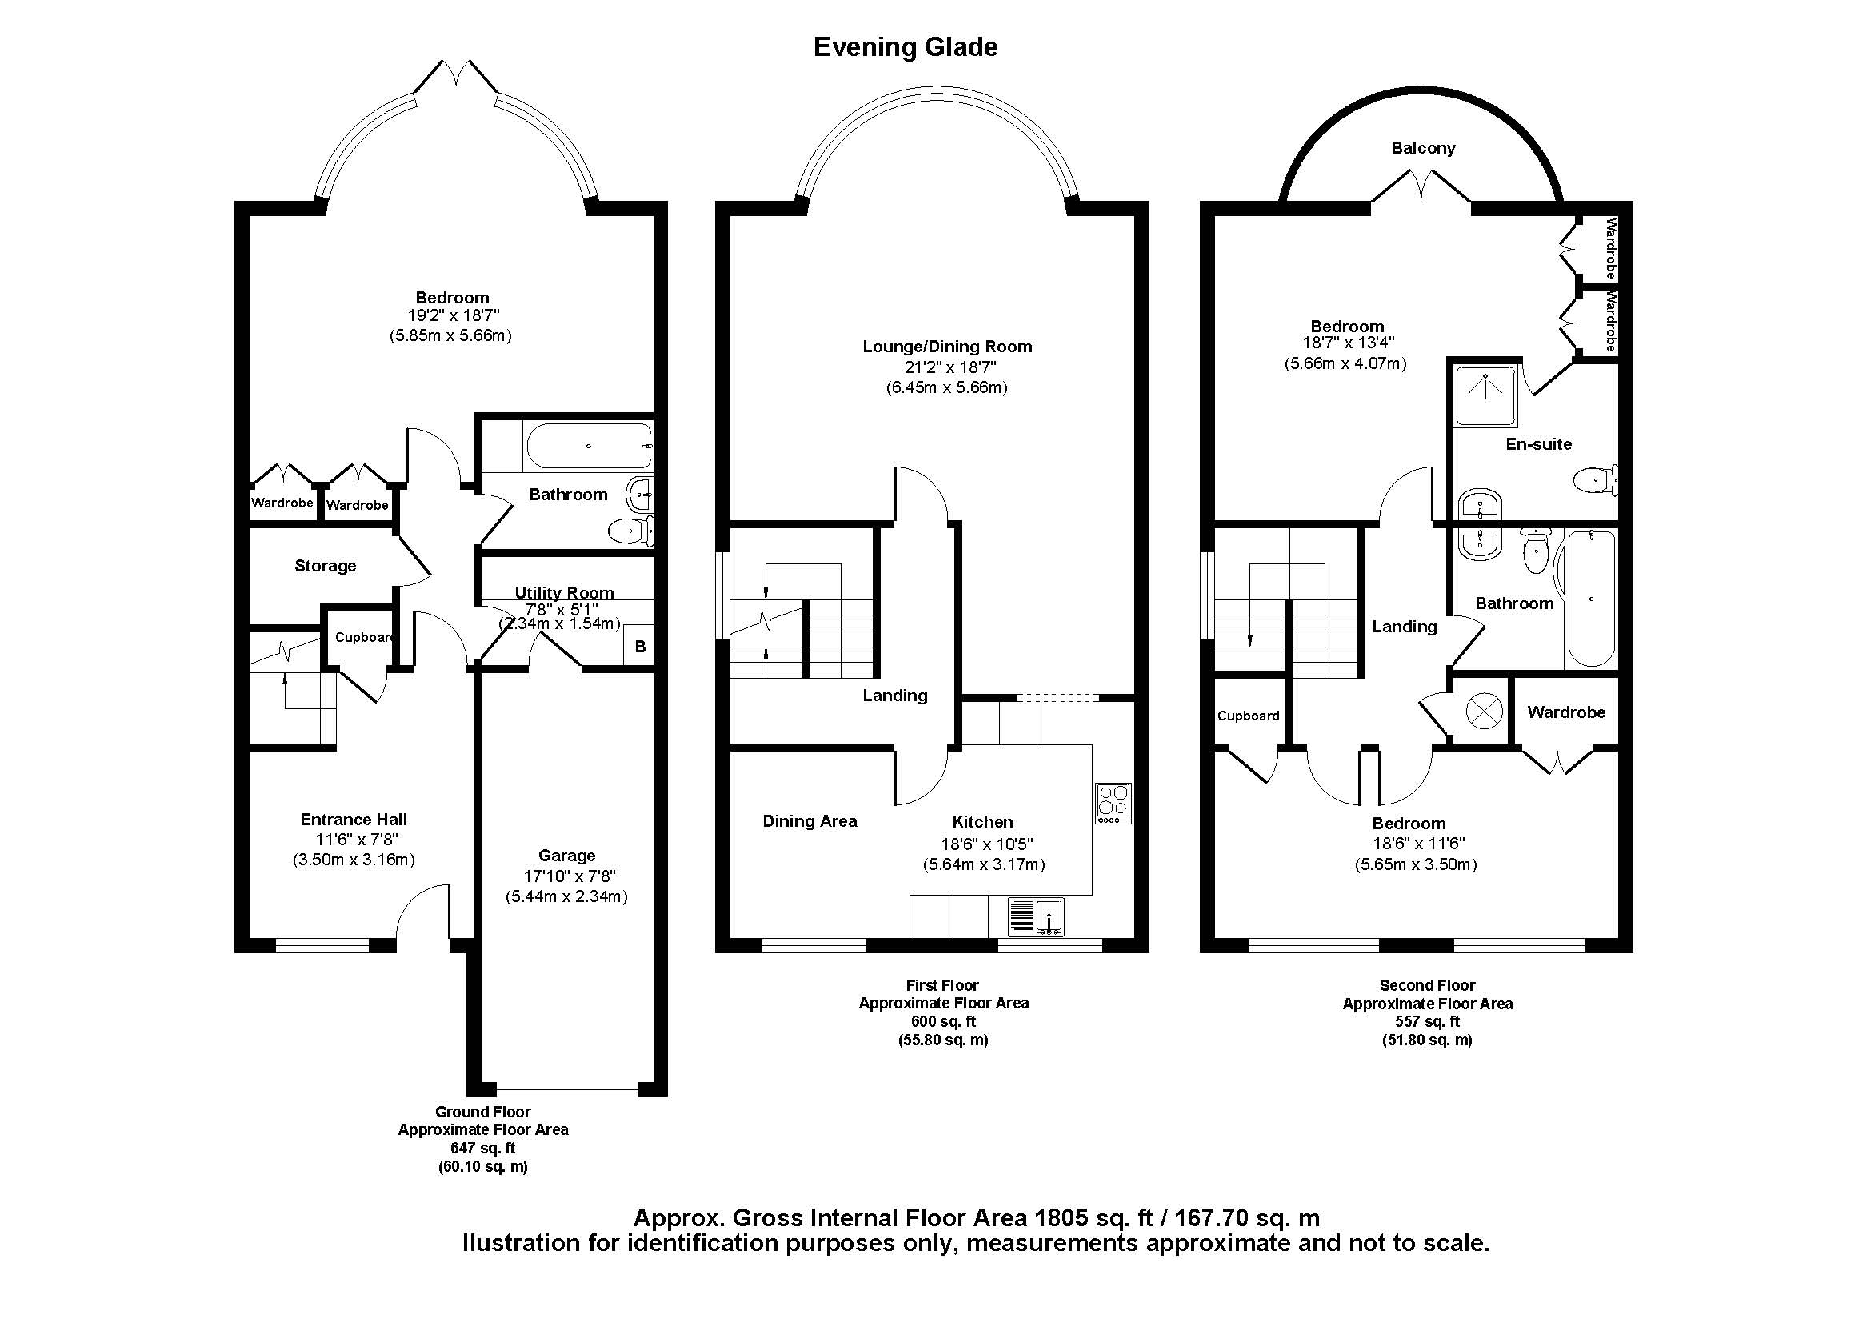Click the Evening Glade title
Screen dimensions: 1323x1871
[x=906, y=46]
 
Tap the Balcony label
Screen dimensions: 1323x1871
[x=1423, y=147]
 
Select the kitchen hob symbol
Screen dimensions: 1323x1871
[x=1113, y=803]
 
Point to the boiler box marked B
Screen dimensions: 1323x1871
[x=640, y=647]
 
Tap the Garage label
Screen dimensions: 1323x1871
[x=566, y=855]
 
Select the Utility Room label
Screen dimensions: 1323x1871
[x=564, y=592]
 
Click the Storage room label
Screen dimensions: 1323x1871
[x=325, y=566]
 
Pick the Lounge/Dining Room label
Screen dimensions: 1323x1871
[x=947, y=347]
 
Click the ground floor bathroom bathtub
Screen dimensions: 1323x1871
[x=589, y=446]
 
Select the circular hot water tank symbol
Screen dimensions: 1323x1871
[x=1483, y=711]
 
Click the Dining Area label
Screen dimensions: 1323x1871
[x=810, y=821]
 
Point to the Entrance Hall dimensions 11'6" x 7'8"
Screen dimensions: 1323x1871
[x=356, y=840]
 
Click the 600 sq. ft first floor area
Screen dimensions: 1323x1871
[x=943, y=1021]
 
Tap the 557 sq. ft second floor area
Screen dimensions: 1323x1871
[x=1427, y=1021]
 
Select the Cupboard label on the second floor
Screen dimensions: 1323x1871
[x=1248, y=716]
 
